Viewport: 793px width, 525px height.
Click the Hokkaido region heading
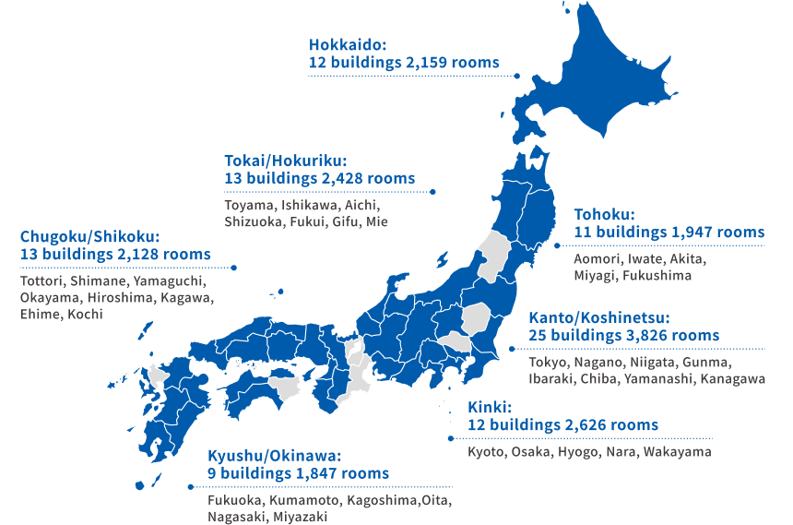348,44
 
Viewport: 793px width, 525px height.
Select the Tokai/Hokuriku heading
286,160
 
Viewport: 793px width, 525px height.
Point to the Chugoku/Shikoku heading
90,235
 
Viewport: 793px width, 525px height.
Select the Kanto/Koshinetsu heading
599,317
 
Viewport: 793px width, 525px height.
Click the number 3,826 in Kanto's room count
652,335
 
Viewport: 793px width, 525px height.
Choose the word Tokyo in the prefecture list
550,362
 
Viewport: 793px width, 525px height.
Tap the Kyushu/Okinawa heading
275,455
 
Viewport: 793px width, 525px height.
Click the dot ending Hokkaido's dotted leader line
518,76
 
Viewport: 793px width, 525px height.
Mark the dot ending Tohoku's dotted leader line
556,246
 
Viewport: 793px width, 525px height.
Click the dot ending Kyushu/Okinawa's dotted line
190,486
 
